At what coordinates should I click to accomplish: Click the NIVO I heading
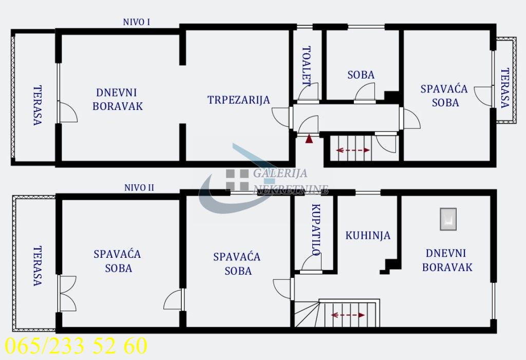[x=136, y=22]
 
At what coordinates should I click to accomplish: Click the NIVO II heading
[x=139, y=187]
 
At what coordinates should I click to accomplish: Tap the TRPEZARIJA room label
[x=238, y=100]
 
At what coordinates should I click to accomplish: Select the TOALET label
[x=306, y=65]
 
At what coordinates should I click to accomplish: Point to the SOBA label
[x=361, y=75]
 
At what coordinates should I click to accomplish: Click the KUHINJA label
[x=368, y=236]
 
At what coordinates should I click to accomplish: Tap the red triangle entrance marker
[x=309, y=139]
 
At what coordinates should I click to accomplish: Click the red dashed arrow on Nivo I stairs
[x=353, y=150]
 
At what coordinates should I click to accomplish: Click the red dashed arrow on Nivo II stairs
[x=348, y=315]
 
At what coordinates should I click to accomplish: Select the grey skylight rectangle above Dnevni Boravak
[x=448, y=219]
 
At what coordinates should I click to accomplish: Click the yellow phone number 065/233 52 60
[x=76, y=346]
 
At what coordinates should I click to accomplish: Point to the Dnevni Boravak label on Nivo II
[x=446, y=260]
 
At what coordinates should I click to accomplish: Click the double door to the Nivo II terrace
[x=67, y=293]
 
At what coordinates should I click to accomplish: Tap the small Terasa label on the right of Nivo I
[x=505, y=88]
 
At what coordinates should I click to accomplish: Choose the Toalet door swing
[x=309, y=91]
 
